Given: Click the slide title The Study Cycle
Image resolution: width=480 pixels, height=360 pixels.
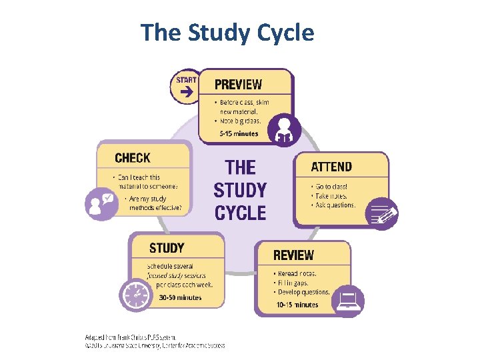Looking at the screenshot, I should point(227,32).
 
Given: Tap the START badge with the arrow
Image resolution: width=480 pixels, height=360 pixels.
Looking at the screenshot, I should point(186,87).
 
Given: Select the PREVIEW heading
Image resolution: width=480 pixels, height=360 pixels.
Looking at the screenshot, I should point(238,85).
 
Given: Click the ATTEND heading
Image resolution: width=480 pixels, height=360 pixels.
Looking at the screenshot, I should point(331,166).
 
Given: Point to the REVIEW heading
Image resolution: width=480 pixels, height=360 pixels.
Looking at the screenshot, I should point(293,255).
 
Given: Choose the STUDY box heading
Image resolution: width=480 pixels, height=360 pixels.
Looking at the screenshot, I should point(167,248).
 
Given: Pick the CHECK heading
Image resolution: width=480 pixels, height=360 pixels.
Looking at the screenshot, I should point(133,158).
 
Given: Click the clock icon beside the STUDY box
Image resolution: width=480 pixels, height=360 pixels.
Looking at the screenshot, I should point(136,294).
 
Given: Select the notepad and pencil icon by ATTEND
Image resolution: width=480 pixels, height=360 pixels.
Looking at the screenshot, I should point(383,213).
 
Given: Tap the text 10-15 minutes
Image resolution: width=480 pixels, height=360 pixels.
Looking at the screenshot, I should point(297,305).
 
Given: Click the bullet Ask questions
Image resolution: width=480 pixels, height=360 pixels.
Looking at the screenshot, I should point(335,205).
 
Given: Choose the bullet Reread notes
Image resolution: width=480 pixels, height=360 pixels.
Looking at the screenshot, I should point(296,273).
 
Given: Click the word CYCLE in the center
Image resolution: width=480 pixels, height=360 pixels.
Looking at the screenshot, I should point(240,213).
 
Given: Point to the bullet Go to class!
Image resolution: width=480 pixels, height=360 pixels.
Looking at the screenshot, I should point(331,187).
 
